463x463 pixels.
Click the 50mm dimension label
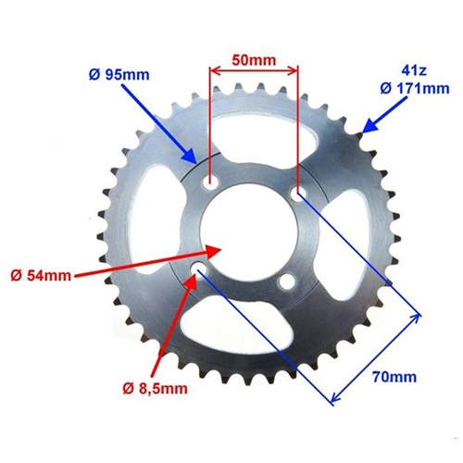(x=254, y=60)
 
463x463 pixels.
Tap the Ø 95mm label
(x=119, y=75)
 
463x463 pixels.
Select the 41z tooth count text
(x=414, y=71)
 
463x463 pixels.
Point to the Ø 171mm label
(x=415, y=89)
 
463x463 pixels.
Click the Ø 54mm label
(x=41, y=275)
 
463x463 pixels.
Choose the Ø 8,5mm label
(x=155, y=389)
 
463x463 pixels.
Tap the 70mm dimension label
(x=394, y=377)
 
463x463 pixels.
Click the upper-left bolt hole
(x=210, y=182)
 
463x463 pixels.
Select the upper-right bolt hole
(x=298, y=194)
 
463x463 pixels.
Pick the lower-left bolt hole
(x=199, y=269)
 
